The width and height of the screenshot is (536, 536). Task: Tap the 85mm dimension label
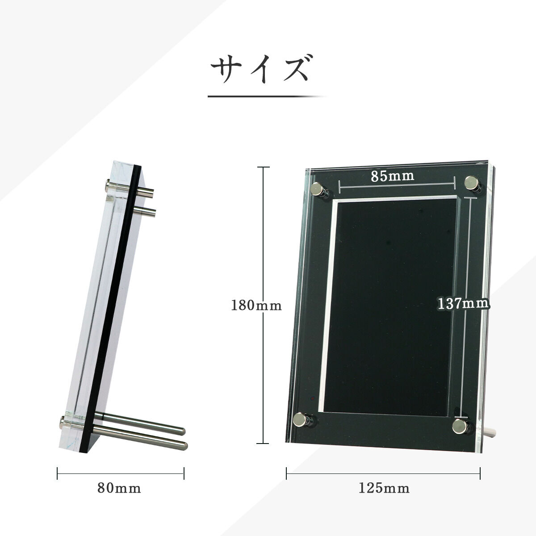[392, 176]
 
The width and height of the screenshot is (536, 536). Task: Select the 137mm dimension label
[463, 304]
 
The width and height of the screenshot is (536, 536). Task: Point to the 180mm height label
[256, 306]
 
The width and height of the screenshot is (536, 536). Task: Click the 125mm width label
[384, 489]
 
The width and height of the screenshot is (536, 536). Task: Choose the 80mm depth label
[119, 489]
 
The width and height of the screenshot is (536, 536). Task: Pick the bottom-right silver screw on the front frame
[459, 426]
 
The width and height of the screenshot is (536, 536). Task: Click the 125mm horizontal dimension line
[383, 473]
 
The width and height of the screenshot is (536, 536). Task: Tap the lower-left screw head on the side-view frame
[63, 420]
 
